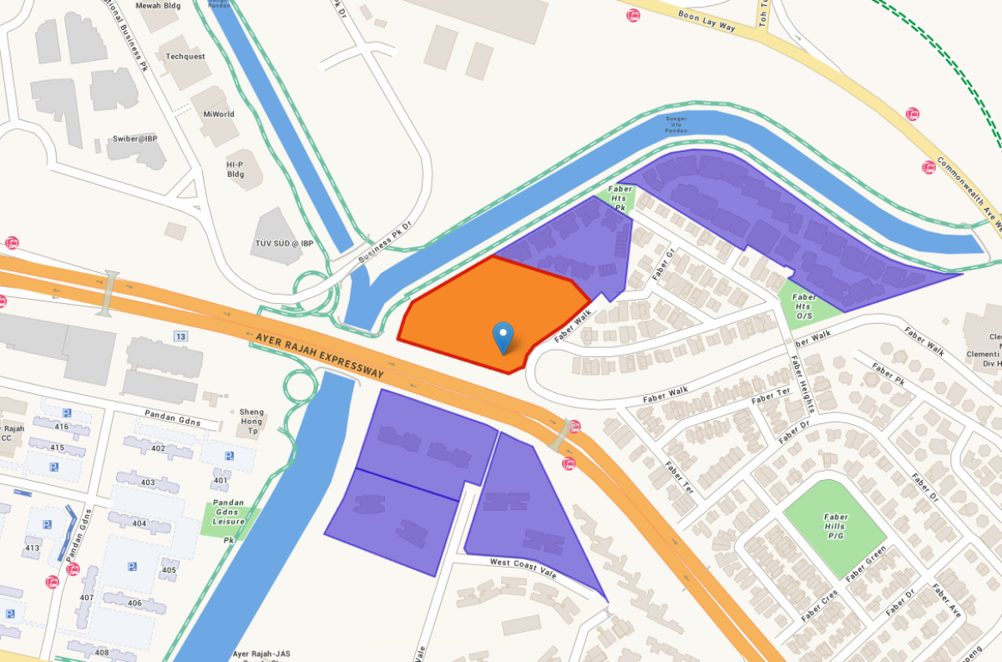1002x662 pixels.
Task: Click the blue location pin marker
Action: click(x=503, y=337)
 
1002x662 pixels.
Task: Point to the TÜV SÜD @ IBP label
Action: click(x=284, y=243)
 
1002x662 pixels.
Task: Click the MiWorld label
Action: click(x=219, y=114)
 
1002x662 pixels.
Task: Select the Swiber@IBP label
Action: click(x=136, y=138)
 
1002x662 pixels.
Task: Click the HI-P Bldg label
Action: click(x=235, y=169)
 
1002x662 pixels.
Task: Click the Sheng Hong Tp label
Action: click(x=251, y=417)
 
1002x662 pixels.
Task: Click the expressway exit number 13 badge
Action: click(x=180, y=336)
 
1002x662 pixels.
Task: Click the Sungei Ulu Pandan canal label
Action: click(x=676, y=124)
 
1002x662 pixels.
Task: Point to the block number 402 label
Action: click(x=158, y=448)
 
